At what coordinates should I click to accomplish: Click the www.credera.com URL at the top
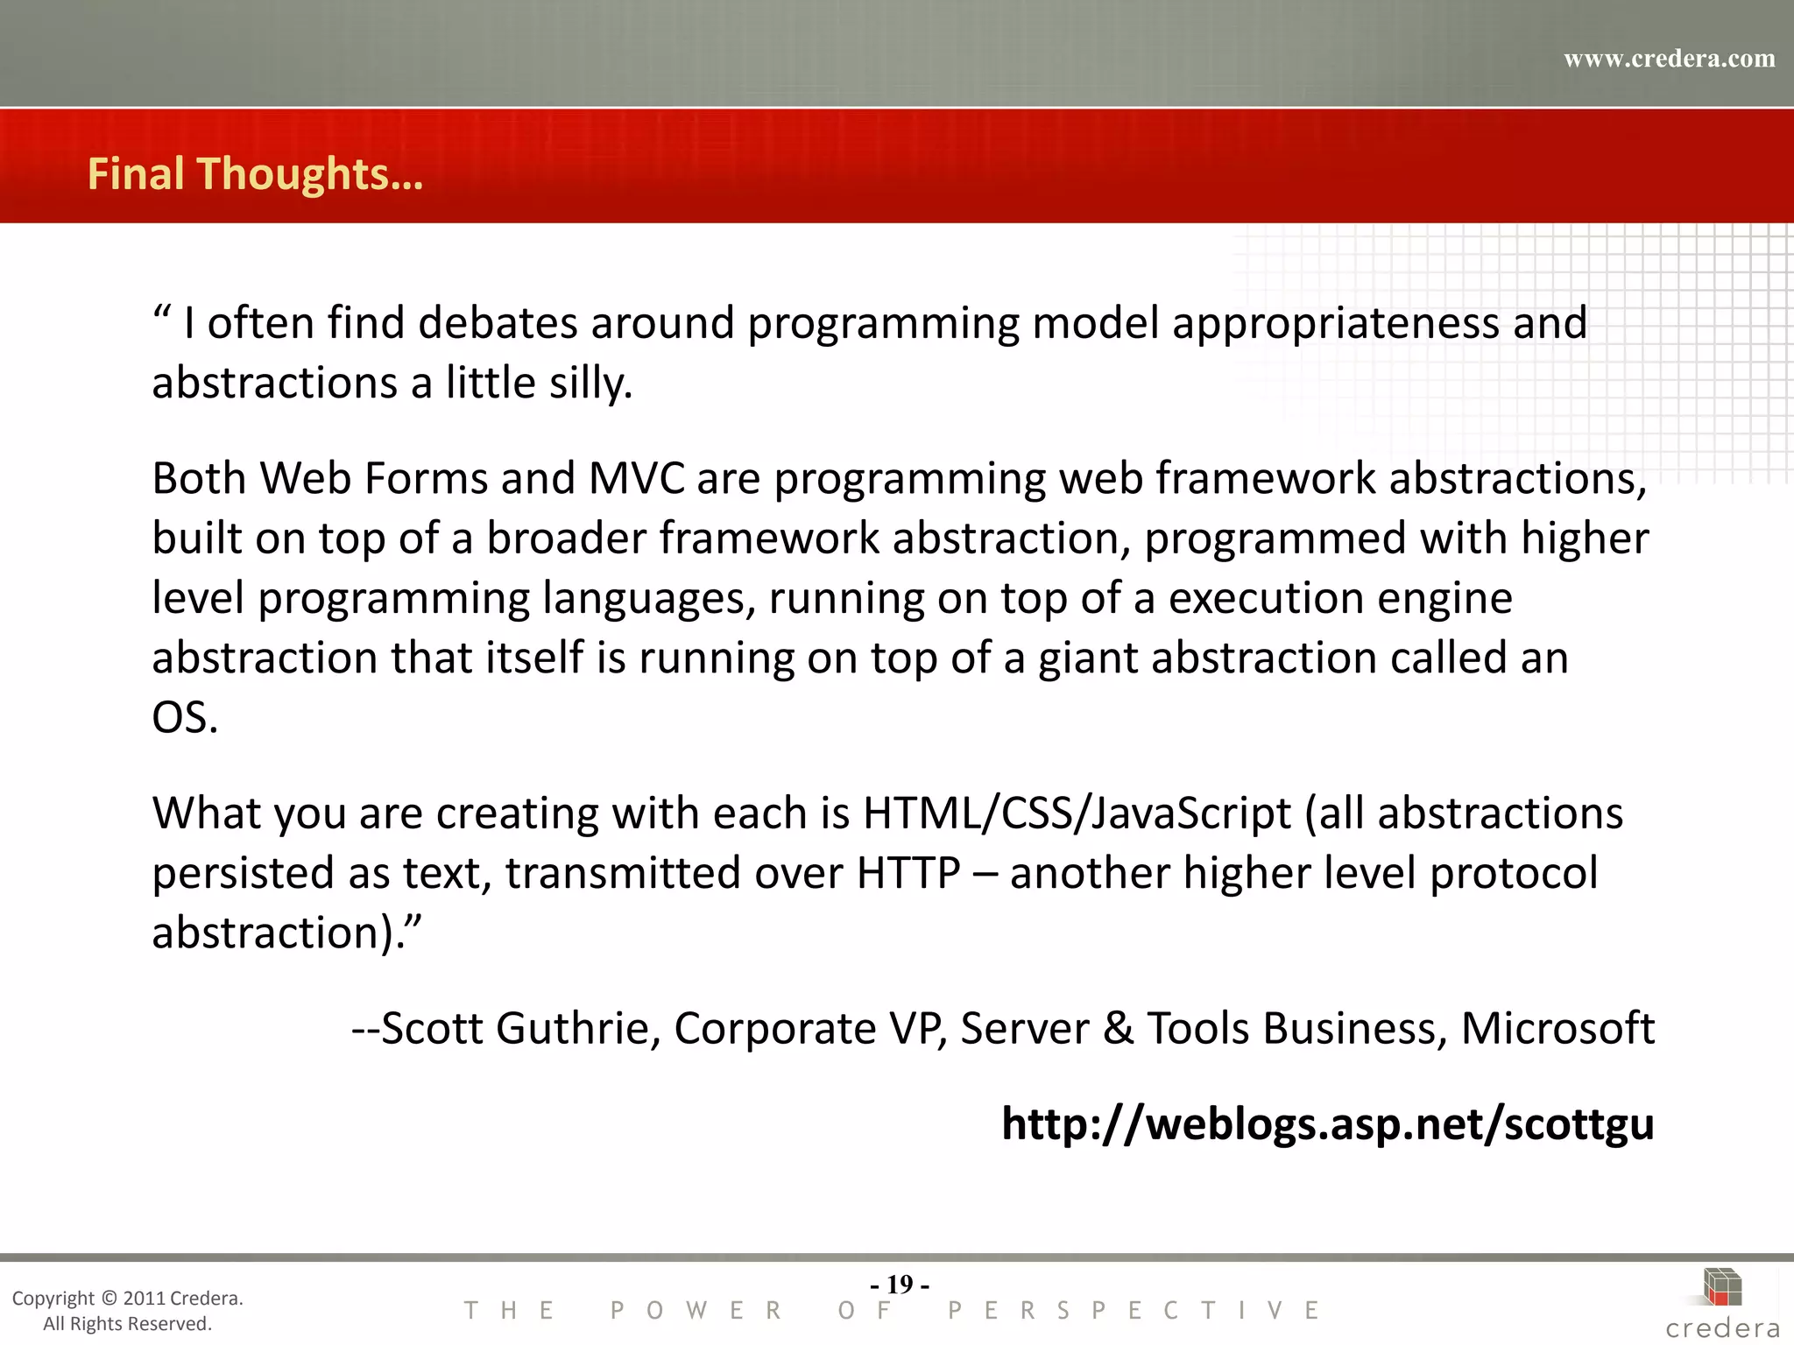click(1669, 59)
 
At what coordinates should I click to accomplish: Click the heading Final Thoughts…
click(255, 173)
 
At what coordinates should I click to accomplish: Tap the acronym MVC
click(636, 479)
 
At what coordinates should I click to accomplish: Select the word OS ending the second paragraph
click(184, 717)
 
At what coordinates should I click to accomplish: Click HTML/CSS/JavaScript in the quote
click(1077, 813)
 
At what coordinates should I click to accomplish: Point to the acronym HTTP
click(908, 873)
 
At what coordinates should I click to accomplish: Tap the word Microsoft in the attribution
click(1557, 1028)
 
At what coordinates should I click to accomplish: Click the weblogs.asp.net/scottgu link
click(1327, 1123)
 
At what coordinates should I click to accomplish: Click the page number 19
click(900, 1284)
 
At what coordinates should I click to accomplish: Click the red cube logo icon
click(1722, 1288)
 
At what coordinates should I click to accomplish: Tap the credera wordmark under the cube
click(1722, 1328)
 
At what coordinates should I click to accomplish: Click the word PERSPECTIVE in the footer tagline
click(1134, 1311)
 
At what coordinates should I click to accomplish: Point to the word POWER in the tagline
click(696, 1311)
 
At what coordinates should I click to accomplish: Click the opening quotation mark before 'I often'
click(162, 313)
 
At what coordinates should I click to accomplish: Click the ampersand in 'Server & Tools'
click(1118, 1028)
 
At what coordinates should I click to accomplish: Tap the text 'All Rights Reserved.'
click(128, 1323)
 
